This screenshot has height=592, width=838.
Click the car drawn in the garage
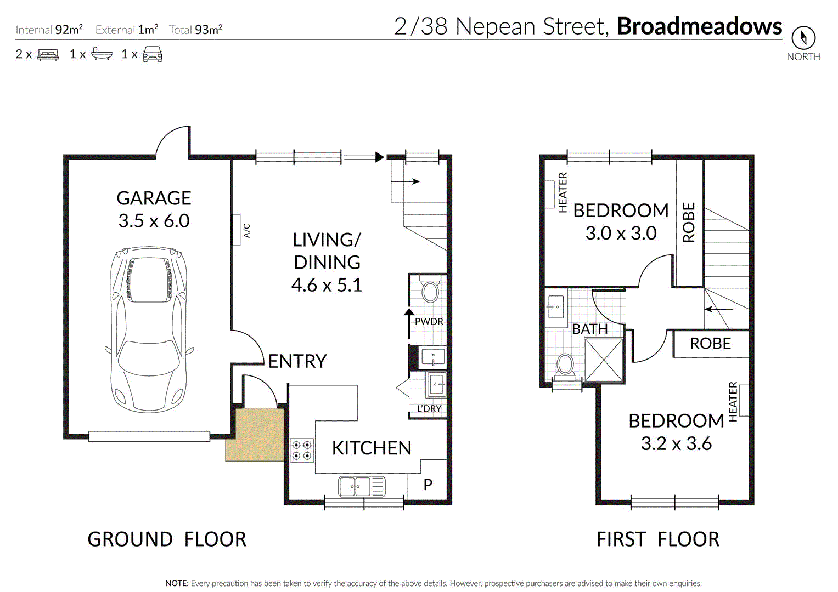click(x=149, y=329)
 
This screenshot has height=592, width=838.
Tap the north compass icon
click(x=803, y=37)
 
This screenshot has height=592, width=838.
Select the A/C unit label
click(x=247, y=231)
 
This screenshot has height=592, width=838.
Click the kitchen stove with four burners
click(x=302, y=450)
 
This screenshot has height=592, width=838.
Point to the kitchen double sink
click(x=362, y=486)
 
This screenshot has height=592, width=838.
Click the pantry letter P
click(x=428, y=485)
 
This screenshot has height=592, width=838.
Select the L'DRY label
click(x=429, y=408)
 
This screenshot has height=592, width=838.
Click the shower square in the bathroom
click(x=604, y=360)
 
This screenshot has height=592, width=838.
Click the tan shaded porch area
click(x=255, y=435)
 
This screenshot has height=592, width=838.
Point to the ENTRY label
click(x=297, y=361)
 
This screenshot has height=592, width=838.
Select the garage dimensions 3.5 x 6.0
click(x=154, y=221)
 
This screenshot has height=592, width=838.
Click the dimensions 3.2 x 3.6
click(x=677, y=443)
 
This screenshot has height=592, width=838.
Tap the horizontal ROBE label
click(x=710, y=344)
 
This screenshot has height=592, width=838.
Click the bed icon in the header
click(x=48, y=54)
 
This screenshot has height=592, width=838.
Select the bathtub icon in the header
click(x=102, y=54)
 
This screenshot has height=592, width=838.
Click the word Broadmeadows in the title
click(x=699, y=26)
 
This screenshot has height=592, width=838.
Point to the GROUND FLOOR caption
click(x=167, y=539)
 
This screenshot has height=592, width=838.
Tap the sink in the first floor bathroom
click(x=556, y=307)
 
